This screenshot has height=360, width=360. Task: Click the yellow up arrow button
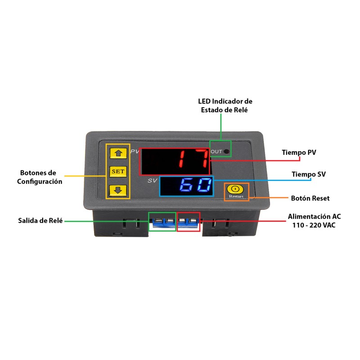pyautogui.click(x=118, y=153)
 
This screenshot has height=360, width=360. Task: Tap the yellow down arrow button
pyautogui.click(x=118, y=190)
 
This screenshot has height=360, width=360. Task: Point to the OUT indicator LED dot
pyautogui.click(x=227, y=152)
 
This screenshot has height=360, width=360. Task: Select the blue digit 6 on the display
pyautogui.click(x=186, y=185)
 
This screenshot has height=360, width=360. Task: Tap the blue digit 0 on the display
pyautogui.click(x=204, y=185)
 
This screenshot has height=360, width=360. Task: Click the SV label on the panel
pyautogui.click(x=152, y=181)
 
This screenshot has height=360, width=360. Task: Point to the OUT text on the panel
pyautogui.click(x=216, y=152)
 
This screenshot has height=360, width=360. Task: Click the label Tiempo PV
pyautogui.click(x=299, y=153)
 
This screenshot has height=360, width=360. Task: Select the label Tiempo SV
pyautogui.click(x=309, y=174)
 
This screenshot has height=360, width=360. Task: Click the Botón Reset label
pyautogui.click(x=310, y=198)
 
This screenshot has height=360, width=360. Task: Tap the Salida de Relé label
pyautogui.click(x=40, y=220)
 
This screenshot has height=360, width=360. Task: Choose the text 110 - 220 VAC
pyautogui.click(x=314, y=225)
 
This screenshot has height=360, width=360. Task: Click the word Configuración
pyautogui.click(x=40, y=182)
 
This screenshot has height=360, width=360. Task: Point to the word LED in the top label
pyautogui.click(x=204, y=101)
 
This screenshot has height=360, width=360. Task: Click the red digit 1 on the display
pyautogui.click(x=181, y=158)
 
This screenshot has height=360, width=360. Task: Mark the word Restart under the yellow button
pyautogui.click(x=236, y=196)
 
